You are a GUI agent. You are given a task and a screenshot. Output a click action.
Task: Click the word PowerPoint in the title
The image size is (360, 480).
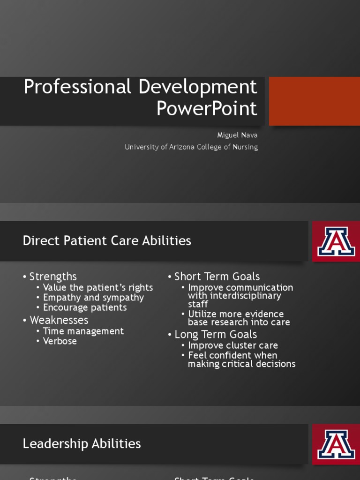point(207,109)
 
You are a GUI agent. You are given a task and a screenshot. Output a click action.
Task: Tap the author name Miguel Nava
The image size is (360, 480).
point(237,135)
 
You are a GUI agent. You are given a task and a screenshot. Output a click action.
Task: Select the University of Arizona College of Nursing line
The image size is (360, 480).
point(191,147)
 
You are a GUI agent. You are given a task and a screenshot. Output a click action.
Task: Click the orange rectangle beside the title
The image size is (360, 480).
point(314,101)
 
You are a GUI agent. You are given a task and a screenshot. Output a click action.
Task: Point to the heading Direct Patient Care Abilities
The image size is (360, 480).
point(107,241)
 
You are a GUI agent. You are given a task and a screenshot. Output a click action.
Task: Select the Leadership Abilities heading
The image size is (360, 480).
point(82,444)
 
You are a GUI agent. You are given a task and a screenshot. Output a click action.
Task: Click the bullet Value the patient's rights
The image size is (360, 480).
point(97,287)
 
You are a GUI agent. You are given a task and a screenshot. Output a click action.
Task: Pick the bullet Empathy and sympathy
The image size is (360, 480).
point(93,298)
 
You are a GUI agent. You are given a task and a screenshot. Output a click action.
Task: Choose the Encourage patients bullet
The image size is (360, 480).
point(85,307)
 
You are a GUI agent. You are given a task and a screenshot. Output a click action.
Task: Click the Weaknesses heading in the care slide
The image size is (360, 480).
point(59,320)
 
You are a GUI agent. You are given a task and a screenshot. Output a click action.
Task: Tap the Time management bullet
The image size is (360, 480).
point(83,331)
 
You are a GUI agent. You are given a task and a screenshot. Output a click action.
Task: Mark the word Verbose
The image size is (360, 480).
point(60,341)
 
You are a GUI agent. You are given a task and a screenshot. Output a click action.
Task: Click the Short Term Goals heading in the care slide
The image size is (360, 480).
point(217,277)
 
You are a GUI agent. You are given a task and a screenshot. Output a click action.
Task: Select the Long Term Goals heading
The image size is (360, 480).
point(216,334)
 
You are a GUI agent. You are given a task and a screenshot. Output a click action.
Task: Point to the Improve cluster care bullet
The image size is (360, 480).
point(232,345)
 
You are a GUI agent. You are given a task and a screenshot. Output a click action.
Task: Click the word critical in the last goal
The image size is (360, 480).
point(239,364)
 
